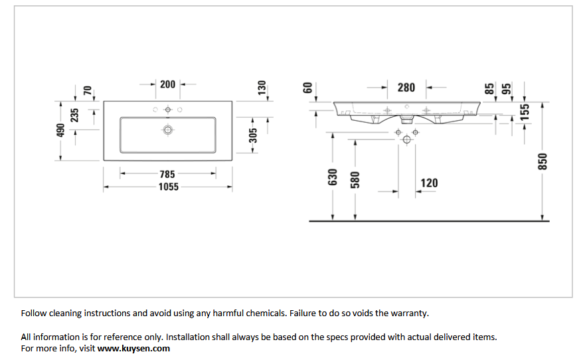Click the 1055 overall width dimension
169,187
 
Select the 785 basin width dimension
167,174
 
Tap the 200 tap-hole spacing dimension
168,84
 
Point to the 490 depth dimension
60,130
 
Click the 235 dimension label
75,116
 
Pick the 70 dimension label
87,90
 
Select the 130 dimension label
262,88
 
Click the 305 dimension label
253,135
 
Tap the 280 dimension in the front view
406,88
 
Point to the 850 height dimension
542,161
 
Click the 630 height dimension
333,177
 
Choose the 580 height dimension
355,180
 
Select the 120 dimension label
429,183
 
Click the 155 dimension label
525,112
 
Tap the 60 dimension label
307,88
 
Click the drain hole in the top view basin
168,130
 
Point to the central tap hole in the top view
168,110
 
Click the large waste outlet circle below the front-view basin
407,139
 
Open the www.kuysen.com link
133,349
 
